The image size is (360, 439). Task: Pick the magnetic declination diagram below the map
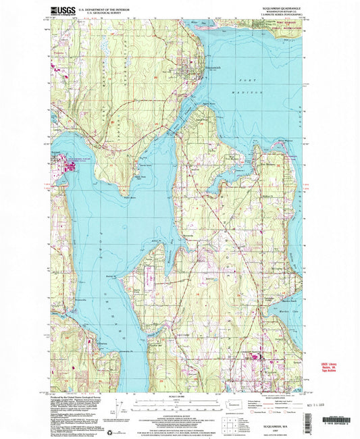pyautogui.click(x=121, y=408)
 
